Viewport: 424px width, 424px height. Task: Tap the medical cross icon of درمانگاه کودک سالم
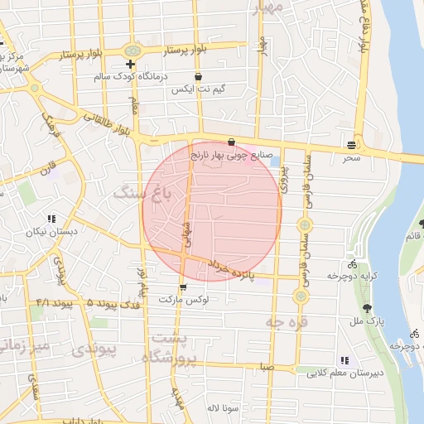(130, 64)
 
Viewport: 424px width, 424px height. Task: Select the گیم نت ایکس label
(196, 89)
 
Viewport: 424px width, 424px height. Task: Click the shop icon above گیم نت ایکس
(197, 77)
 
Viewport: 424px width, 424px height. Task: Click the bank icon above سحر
(353, 145)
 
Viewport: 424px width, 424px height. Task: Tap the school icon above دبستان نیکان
(51, 219)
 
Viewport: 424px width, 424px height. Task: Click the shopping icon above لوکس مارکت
(182, 287)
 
